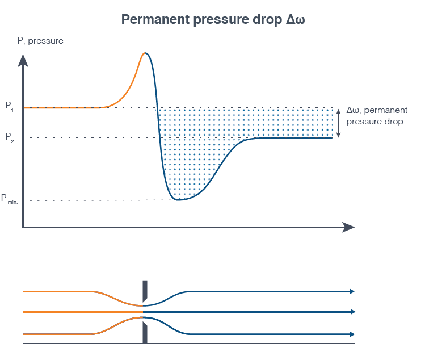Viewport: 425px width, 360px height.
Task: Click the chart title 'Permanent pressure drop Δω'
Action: pyautogui.click(x=213, y=19)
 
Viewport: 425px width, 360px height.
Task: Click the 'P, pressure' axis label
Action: pyautogui.click(x=40, y=41)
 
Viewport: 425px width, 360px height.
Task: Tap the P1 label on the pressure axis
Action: pyautogui.click(x=9, y=106)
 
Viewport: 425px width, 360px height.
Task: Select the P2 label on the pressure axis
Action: pyautogui.click(x=10, y=137)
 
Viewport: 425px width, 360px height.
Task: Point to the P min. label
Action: pyautogui.click(x=10, y=199)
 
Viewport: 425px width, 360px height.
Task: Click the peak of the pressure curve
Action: pyautogui.click(x=145, y=53)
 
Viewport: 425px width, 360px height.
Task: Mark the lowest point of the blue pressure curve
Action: pyautogui.click(x=178, y=200)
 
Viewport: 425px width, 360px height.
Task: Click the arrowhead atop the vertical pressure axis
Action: pyautogui.click(x=23, y=60)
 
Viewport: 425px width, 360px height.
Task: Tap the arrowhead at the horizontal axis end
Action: pyautogui.click(x=348, y=227)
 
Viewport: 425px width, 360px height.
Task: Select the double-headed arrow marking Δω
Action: pyautogui.click(x=338, y=123)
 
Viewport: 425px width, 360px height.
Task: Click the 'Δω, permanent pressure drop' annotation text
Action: pyautogui.click(x=377, y=116)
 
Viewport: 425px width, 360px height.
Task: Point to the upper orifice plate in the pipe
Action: pyautogui.click(x=145, y=291)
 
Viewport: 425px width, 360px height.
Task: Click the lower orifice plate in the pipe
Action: pyautogui.click(x=145, y=333)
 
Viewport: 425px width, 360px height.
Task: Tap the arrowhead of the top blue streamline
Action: pyautogui.click(x=352, y=291)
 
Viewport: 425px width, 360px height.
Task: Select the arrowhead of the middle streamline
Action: pyautogui.click(x=352, y=312)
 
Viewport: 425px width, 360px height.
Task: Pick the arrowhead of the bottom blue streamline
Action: pyautogui.click(x=352, y=334)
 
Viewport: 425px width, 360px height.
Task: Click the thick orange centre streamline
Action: pyautogui.click(x=83, y=312)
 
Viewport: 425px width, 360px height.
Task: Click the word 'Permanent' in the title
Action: pyautogui.click(x=155, y=19)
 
